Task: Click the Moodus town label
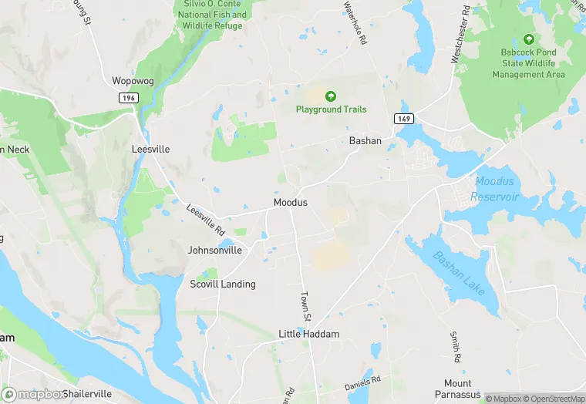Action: coord(291,202)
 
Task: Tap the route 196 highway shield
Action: coord(128,99)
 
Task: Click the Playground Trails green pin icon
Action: coord(331,96)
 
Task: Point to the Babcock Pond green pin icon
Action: coord(528,39)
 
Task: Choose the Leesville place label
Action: coord(150,149)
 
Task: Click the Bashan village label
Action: coord(365,141)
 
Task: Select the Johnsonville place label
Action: coord(215,250)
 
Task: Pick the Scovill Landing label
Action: coord(223,284)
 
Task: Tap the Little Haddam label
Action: coord(308,334)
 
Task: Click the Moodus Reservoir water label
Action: coord(497,190)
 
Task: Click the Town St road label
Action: coord(305,307)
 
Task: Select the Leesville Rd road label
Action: coord(205,219)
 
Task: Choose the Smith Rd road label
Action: coord(455,347)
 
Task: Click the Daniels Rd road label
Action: coord(362,381)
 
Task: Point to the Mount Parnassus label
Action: coord(468,389)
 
